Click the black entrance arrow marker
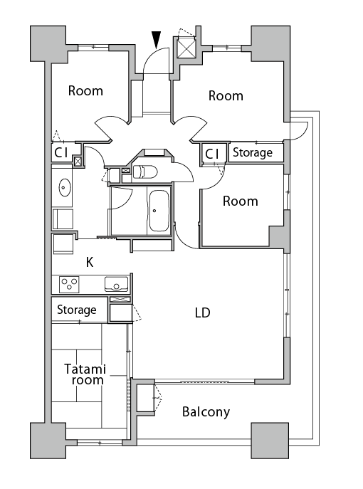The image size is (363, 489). click(157, 40)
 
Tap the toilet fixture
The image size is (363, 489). click(145, 172)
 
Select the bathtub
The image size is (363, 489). click(159, 211)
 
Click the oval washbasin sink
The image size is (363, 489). click(65, 187)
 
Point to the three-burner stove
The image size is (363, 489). click(69, 285)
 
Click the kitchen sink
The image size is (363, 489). click(116, 284)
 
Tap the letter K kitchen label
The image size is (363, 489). click(90, 263)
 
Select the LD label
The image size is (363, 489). click(203, 312)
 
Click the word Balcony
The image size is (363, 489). click(206, 412)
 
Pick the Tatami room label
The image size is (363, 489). click(85, 374)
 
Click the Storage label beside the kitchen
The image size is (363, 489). click(77, 310)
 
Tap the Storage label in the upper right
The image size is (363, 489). click(253, 152)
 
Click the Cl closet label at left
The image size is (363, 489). click(61, 153)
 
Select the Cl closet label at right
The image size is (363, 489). click(212, 154)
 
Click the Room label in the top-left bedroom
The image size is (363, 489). click(85, 90)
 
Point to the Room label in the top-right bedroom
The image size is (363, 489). click(226, 96)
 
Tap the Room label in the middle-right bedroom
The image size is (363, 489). click(241, 201)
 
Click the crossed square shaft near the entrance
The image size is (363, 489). click(186, 48)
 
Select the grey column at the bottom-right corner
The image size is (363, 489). click(270, 441)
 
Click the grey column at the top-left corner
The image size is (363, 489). click(48, 43)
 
